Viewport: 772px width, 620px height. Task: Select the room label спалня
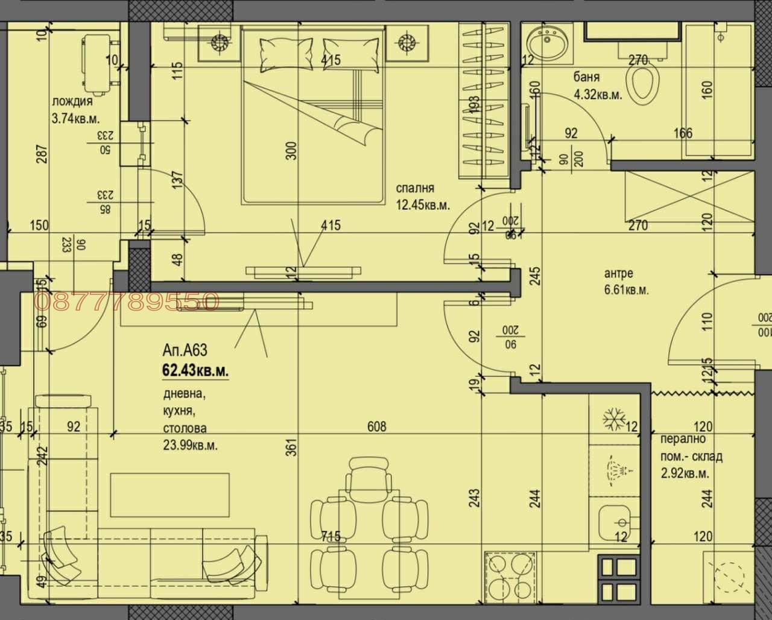[414, 188]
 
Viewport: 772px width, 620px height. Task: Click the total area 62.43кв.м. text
[195, 371]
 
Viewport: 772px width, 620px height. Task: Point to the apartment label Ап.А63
[185, 350]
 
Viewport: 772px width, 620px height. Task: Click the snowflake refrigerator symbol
[616, 419]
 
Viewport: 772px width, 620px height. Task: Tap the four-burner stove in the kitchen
[510, 575]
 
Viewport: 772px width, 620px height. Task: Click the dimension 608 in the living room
[377, 427]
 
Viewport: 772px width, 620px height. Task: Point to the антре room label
[619, 273]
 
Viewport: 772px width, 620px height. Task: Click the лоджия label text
[72, 102]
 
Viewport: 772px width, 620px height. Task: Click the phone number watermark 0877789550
[127, 302]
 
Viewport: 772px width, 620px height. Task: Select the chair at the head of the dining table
[369, 474]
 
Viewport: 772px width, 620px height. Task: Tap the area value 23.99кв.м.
[191, 446]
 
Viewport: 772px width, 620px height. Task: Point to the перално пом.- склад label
[691, 456]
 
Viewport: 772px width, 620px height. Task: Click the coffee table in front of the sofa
[169, 494]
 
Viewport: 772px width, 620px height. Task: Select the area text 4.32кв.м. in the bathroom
[598, 95]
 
